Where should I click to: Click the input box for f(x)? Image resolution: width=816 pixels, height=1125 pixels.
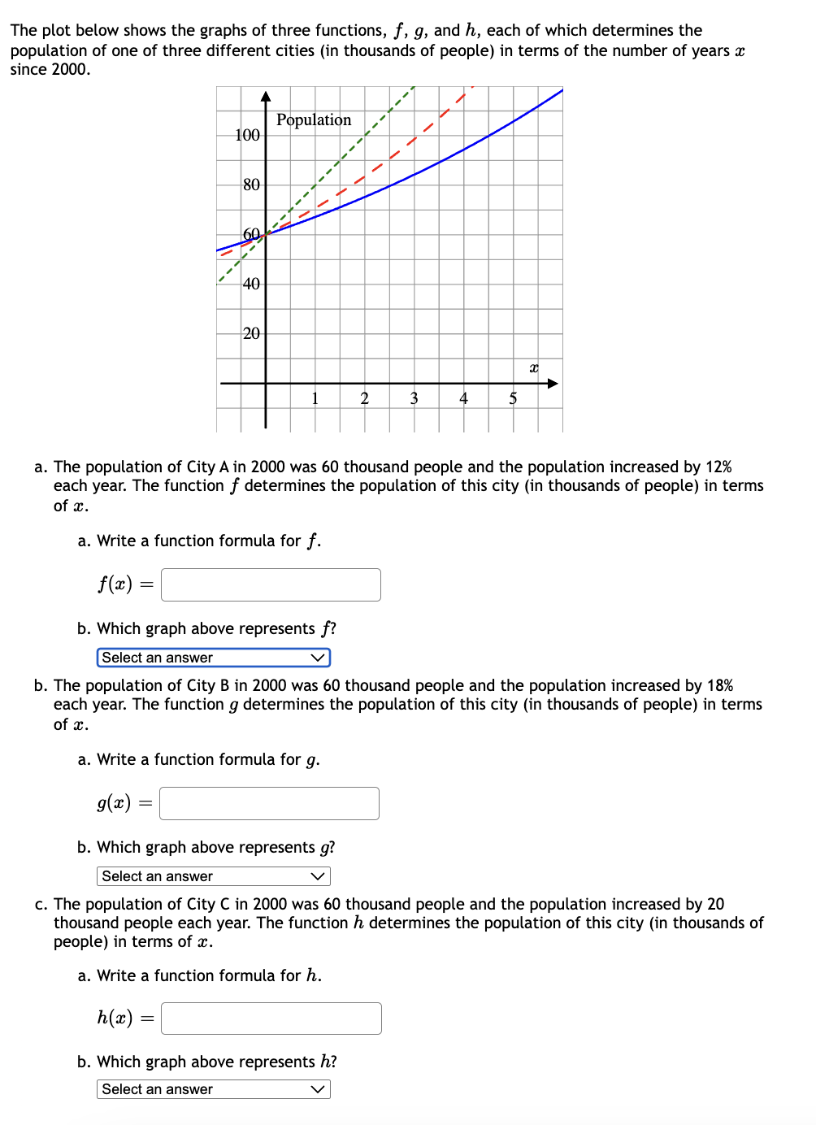(x=271, y=584)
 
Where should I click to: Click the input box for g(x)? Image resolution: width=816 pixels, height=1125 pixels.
(x=269, y=803)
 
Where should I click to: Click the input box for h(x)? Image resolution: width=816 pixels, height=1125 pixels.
(x=271, y=1019)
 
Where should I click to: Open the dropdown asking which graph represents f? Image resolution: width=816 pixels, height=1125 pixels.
(x=213, y=658)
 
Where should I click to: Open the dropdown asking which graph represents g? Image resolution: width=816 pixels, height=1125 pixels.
(x=213, y=876)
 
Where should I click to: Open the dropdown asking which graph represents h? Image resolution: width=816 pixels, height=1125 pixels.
(x=213, y=1089)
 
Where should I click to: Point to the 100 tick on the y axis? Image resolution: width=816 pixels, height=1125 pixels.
(x=247, y=135)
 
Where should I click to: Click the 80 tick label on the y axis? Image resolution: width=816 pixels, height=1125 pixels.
(x=251, y=185)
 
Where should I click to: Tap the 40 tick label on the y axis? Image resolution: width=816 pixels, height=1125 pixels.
(x=251, y=284)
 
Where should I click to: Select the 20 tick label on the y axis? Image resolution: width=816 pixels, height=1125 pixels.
(x=251, y=333)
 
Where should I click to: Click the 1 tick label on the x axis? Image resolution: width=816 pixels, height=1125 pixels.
(x=315, y=398)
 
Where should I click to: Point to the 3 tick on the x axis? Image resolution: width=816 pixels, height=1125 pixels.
(x=414, y=398)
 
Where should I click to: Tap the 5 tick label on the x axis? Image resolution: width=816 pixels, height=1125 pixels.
(x=513, y=398)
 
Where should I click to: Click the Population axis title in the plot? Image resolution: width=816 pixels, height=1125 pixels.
(x=314, y=120)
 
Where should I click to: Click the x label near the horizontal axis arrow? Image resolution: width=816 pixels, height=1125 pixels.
(x=534, y=368)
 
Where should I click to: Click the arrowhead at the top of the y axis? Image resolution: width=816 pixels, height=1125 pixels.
(x=266, y=97)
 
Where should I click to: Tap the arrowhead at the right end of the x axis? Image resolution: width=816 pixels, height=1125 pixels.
(x=553, y=383)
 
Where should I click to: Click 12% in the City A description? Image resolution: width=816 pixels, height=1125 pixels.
(x=718, y=467)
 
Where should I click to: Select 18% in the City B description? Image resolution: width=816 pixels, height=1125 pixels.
(x=719, y=685)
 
